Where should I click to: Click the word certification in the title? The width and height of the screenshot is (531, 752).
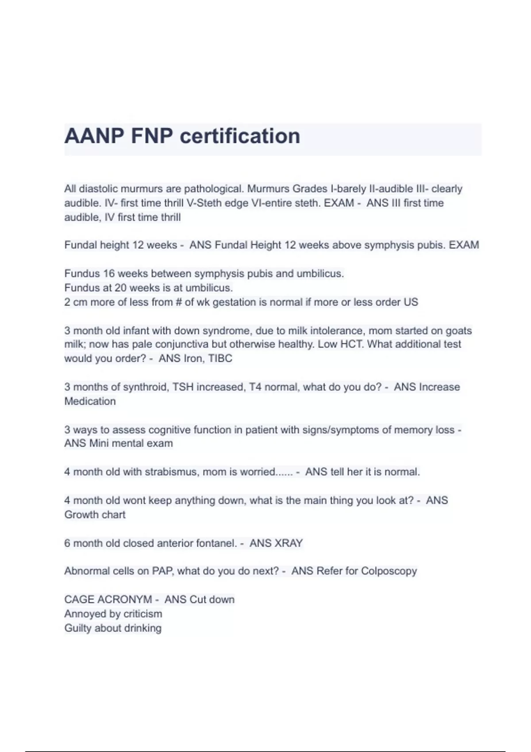(240, 136)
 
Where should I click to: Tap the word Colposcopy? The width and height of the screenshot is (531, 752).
(389, 571)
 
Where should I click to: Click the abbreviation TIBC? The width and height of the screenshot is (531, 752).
(220, 358)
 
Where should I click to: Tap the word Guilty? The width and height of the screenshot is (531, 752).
(78, 628)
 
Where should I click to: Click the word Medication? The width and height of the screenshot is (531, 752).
(90, 401)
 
